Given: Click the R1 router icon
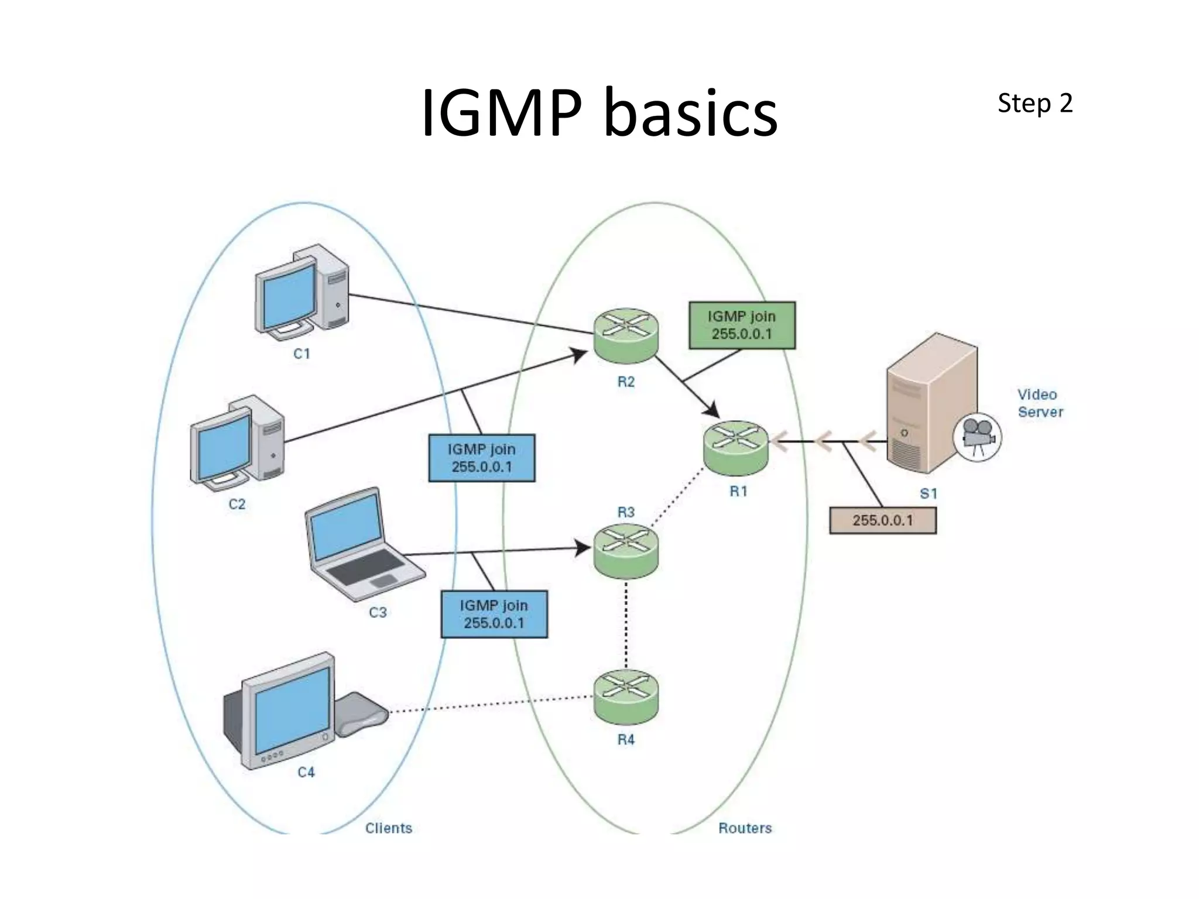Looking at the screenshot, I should click(735, 447).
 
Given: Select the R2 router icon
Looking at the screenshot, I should click(626, 335).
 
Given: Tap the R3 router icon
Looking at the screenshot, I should click(626, 551).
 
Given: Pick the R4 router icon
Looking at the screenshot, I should click(626, 696).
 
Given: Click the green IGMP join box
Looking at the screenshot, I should click(742, 325).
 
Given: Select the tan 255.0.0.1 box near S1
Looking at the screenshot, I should click(882, 520).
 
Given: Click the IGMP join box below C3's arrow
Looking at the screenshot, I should click(494, 614).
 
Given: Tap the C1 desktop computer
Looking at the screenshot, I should click(302, 293).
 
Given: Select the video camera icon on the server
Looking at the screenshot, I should click(977, 436).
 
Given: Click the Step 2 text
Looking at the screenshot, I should click(1034, 104).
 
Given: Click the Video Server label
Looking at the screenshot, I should click(1039, 403).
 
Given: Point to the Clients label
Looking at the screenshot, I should click(388, 828).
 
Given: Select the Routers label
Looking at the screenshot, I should click(745, 828).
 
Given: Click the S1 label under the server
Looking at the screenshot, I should click(928, 493).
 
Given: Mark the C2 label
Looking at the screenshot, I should click(237, 504).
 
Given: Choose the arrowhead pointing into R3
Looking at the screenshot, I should click(583, 548).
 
